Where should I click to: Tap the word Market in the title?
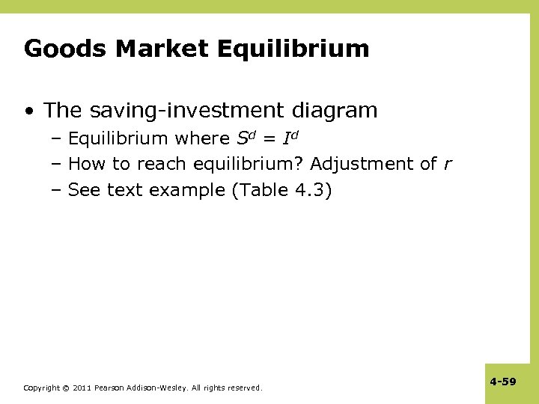click(x=161, y=49)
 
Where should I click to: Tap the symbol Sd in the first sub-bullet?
click(x=245, y=138)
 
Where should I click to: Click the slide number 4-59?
click(x=503, y=382)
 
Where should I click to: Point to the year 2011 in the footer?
click(x=84, y=388)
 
